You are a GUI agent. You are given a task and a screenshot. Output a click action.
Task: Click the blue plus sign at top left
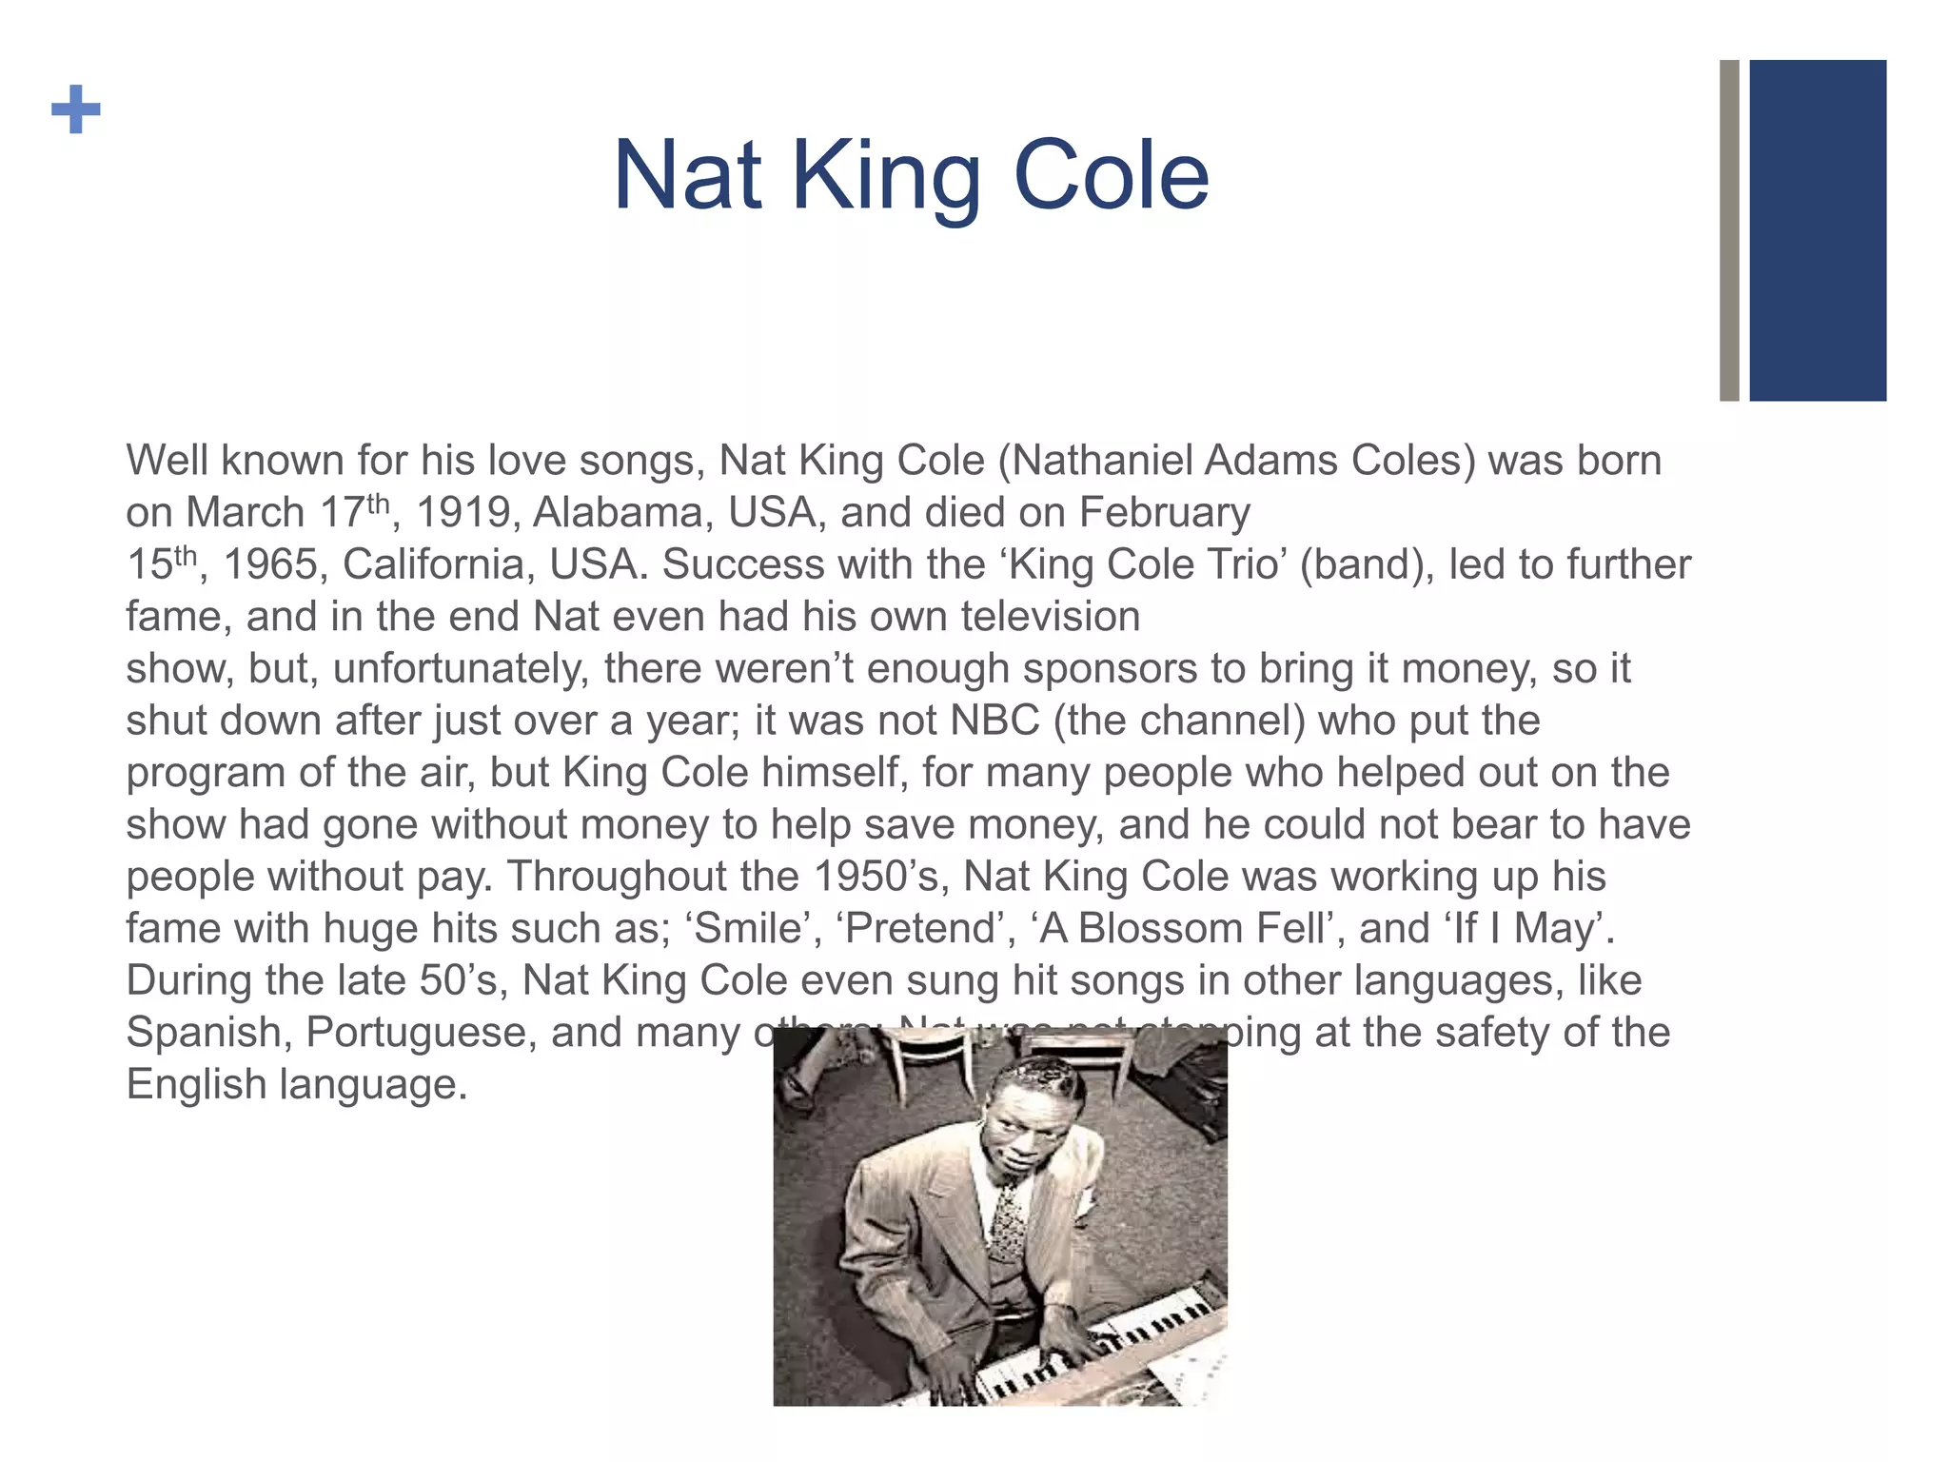pyautogui.click(x=76, y=109)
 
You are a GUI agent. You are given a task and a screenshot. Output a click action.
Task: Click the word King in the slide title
pyautogui.click(x=886, y=176)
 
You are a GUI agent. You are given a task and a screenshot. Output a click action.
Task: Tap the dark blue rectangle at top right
pyautogui.click(x=1817, y=230)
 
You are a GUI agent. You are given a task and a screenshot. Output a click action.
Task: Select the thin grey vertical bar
pyautogui.click(x=1729, y=230)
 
